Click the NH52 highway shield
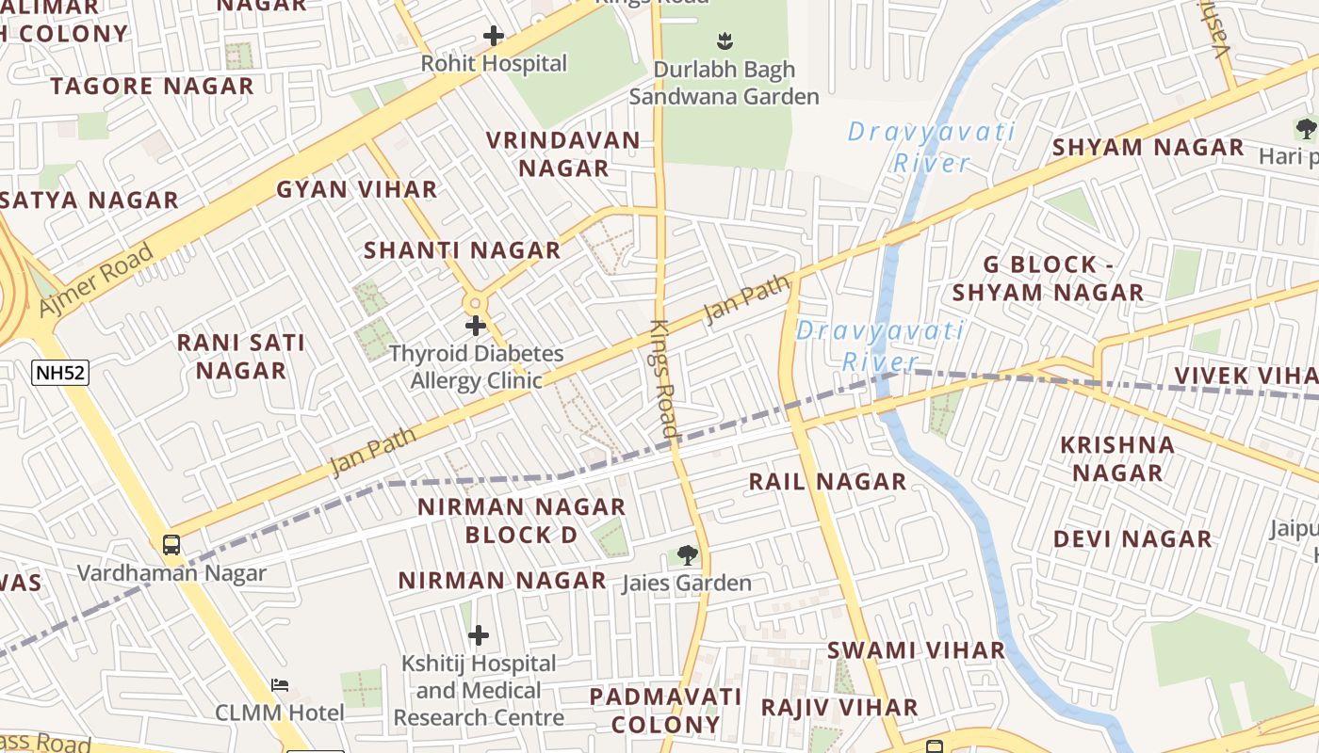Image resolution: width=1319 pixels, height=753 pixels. tap(60, 373)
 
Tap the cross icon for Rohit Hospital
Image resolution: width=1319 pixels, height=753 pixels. tap(493, 37)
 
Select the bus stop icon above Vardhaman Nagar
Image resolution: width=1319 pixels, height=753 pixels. tap(171, 544)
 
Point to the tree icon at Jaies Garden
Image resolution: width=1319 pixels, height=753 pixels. tap(688, 555)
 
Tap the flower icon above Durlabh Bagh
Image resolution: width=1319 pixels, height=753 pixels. tap(725, 40)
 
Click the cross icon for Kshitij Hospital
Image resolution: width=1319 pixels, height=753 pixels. tap(479, 635)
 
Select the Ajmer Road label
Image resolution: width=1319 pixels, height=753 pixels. tap(96, 280)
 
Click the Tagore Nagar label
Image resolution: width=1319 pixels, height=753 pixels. tap(152, 87)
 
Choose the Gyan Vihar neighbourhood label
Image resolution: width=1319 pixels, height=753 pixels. tap(356, 189)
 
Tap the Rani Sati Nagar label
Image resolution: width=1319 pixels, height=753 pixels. tap(241, 357)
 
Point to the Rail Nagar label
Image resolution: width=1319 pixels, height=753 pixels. tap(827, 482)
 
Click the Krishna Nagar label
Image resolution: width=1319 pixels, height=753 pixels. tap(1117, 458)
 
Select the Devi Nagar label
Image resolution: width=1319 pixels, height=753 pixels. tap(1132, 539)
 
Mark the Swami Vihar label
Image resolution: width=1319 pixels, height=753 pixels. tap(916, 650)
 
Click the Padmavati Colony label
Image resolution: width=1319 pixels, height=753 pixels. tap(665, 711)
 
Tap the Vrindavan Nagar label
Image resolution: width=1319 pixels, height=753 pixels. tap(563, 154)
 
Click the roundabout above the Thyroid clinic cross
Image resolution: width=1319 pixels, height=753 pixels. tap(475, 303)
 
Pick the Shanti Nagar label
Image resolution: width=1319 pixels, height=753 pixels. tap(462, 250)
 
